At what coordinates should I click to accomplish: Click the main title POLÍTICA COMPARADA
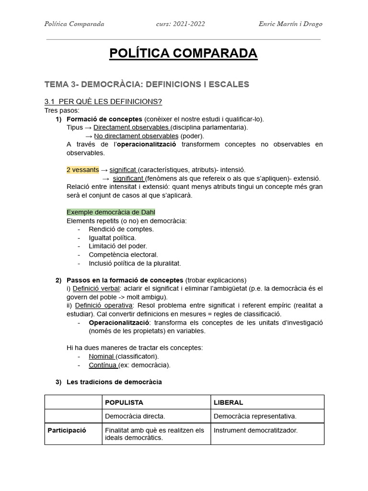pos(184,54)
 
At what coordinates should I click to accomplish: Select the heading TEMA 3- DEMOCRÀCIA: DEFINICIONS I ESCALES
pos(147,84)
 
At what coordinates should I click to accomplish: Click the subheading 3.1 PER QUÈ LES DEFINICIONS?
pos(103,102)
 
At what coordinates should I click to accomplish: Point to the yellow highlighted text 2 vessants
pos(82,170)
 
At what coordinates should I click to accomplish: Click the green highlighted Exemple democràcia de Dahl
pos(111,212)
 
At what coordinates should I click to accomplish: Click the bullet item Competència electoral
pos(123,255)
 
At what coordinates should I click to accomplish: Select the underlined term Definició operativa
pos(99,305)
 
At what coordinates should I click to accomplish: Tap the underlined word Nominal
pos(101,356)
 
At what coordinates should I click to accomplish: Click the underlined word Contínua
pos(103,365)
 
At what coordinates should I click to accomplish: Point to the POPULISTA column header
pos(124,402)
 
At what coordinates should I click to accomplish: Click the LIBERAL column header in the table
pos(228,402)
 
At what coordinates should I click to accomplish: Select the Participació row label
pos(67,430)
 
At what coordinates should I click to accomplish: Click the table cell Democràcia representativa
pos(255,416)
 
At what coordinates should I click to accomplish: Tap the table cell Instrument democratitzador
pos(255,430)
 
